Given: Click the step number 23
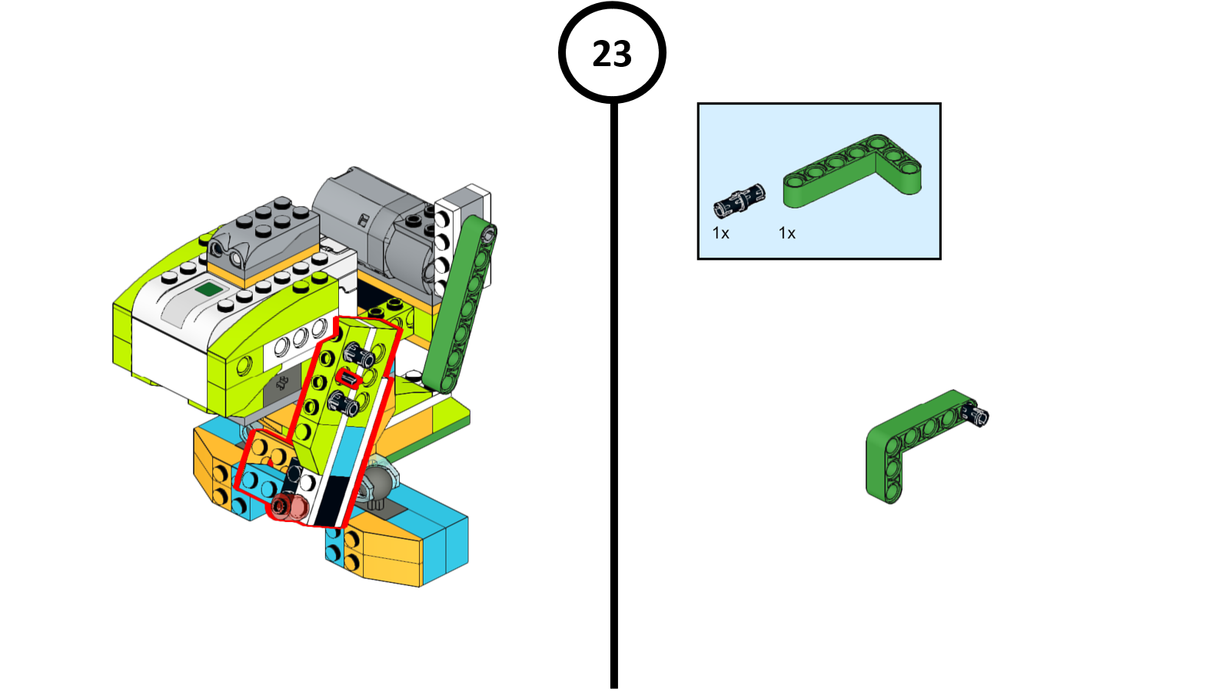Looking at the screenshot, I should coord(612,54).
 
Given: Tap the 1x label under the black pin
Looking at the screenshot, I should coord(720,233).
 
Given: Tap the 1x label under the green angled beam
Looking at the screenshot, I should coord(786,233).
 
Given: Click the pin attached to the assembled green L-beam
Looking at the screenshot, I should coord(977,415).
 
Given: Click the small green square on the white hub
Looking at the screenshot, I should coord(208,290).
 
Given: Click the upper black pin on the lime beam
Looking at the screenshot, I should coord(359,356).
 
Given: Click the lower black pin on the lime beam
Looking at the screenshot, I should coord(342,402).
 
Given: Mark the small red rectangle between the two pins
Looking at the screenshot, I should coord(349,378).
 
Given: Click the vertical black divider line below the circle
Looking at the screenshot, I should coord(613,384).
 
